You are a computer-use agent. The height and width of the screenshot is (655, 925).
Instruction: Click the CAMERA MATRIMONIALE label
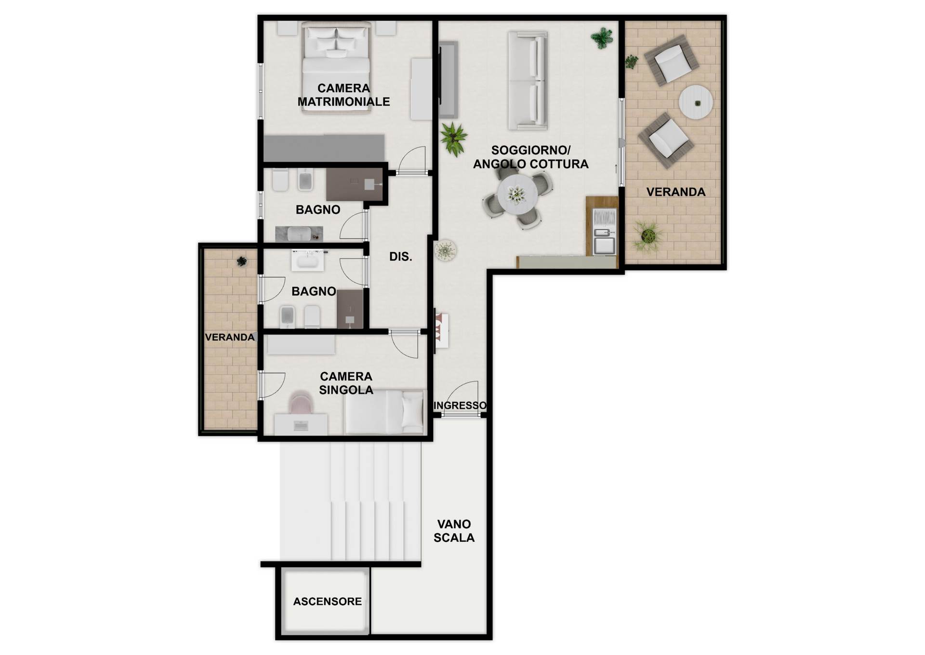(344, 95)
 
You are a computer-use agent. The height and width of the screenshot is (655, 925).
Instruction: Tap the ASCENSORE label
(328, 601)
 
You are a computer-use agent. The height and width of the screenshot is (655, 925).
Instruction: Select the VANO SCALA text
(454, 531)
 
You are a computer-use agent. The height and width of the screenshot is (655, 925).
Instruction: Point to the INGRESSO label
(460, 406)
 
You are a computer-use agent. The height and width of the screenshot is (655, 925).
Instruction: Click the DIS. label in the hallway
(401, 257)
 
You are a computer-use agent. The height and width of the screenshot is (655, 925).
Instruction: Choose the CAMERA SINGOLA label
(346, 383)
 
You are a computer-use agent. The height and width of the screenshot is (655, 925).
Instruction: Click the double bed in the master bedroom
(336, 68)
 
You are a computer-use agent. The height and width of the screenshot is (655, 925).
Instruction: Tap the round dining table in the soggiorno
(517, 194)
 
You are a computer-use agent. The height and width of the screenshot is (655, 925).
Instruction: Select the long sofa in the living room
(528, 81)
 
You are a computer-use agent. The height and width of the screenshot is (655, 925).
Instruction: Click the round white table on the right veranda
(696, 102)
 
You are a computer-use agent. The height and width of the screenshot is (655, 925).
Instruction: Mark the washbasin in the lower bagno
(307, 261)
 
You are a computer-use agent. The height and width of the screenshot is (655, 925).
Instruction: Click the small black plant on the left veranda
(242, 261)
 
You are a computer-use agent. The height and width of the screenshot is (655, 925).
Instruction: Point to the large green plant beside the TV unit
(453, 138)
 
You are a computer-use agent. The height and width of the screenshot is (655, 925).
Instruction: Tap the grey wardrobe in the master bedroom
(324, 148)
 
